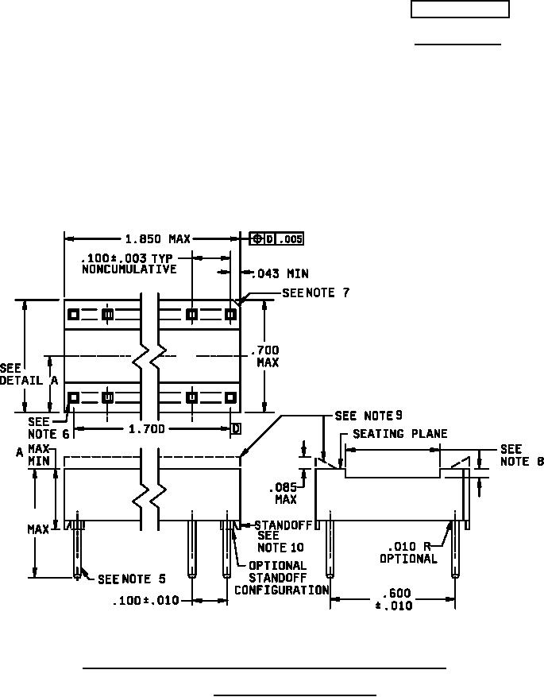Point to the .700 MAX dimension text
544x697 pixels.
click(265, 356)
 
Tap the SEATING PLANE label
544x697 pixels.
click(399, 434)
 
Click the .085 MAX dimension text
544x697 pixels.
click(284, 494)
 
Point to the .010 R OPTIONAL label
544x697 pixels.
click(408, 552)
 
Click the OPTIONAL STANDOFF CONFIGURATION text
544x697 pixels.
click(282, 578)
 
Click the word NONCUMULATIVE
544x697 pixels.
click(128, 269)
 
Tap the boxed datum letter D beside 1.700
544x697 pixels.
click(235, 429)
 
